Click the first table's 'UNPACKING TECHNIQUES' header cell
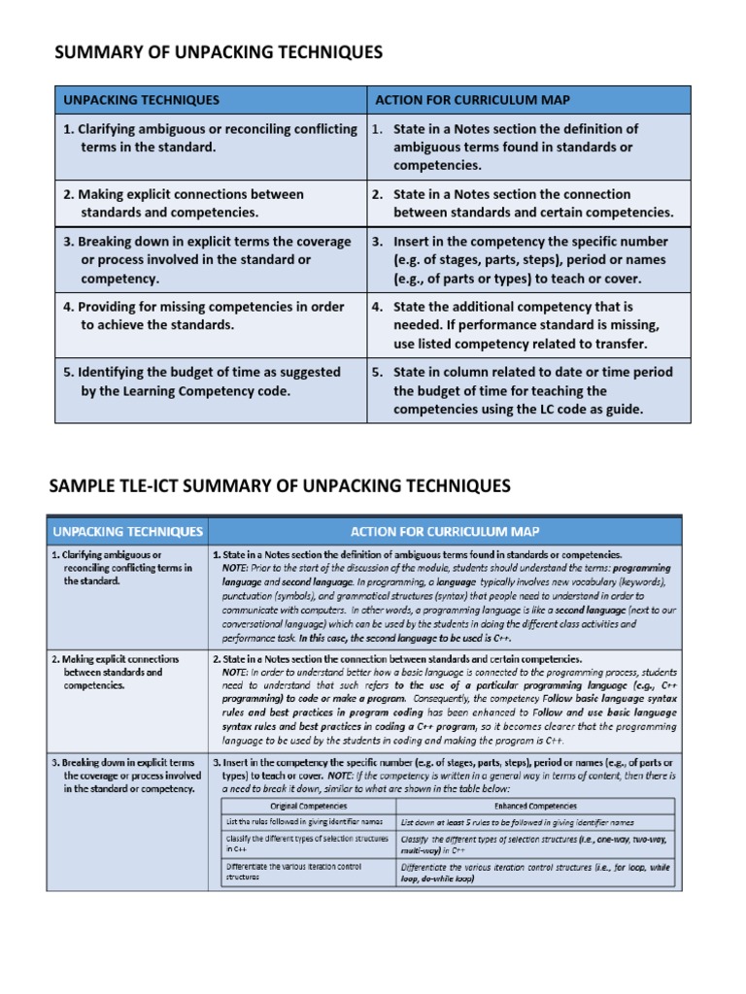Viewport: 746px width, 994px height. [142, 100]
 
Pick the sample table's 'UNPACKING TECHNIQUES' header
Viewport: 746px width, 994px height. [127, 531]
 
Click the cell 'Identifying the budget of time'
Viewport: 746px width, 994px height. [202, 381]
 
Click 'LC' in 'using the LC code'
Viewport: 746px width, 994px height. [546, 410]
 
